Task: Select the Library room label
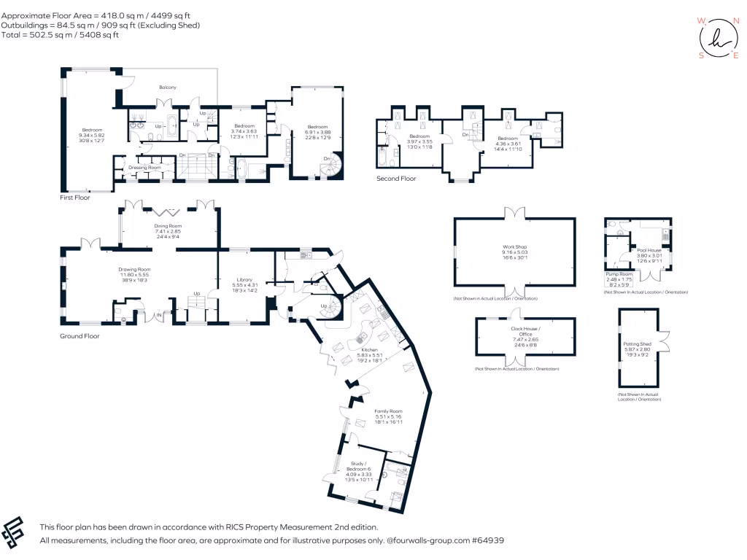coord(244,279)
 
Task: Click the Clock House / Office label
coord(525,332)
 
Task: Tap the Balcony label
coord(169,87)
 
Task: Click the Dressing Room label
coord(144,168)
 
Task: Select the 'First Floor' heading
coord(75,198)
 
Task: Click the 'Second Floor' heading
coord(396,178)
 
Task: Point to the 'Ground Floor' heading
coord(80,336)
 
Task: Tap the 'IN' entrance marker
coord(159,315)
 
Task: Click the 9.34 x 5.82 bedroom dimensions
coord(93,135)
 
